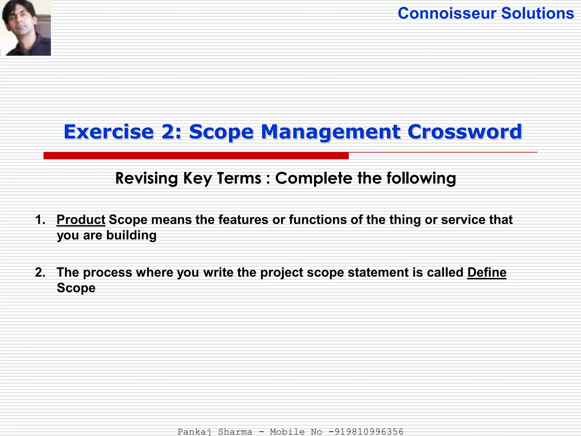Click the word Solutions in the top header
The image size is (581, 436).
[538, 13]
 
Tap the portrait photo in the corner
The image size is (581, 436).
[26, 28]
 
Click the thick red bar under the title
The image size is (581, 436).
[196, 156]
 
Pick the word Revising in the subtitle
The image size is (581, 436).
[146, 179]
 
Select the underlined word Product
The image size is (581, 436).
[81, 220]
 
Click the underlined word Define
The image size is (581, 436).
[487, 272]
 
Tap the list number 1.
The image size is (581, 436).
[40, 220]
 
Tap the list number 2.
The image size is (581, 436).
[40, 272]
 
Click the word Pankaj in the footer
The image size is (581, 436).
[194, 432]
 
